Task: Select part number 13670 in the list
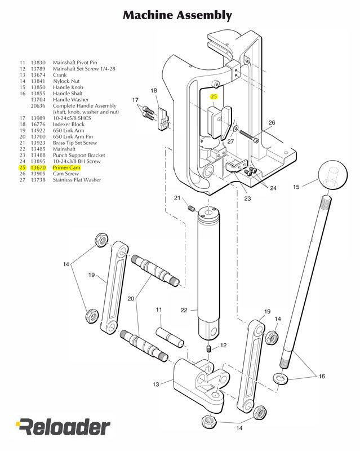click(38, 167)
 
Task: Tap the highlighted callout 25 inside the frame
click(214, 96)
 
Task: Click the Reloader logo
click(63, 427)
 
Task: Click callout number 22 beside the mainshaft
click(184, 309)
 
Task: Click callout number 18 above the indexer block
click(154, 90)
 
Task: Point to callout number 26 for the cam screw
click(272, 122)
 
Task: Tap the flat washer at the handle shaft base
click(279, 377)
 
